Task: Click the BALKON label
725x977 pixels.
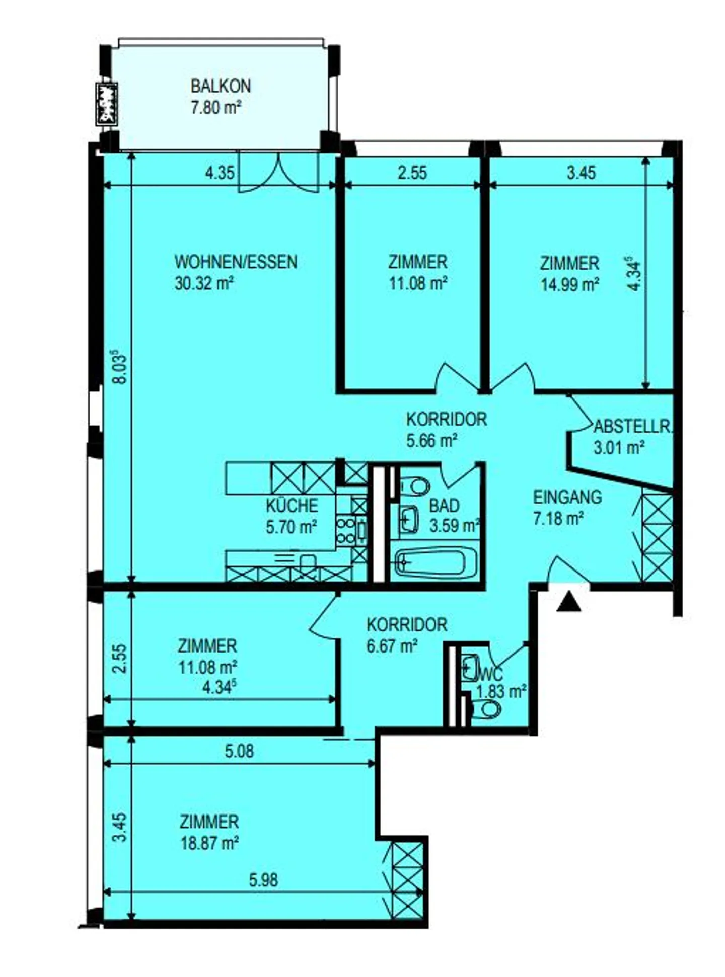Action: [x=220, y=86]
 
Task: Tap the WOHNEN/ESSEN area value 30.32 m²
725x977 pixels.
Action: [x=204, y=284]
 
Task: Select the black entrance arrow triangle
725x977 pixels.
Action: [x=568, y=602]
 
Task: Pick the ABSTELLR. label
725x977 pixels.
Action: [x=632, y=427]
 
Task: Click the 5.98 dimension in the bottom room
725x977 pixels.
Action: [x=263, y=880]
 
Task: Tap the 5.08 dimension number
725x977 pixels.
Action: [x=239, y=752]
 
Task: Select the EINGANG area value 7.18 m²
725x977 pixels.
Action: [x=558, y=518]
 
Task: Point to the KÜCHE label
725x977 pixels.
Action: [x=292, y=505]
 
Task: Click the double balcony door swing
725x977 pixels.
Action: [x=278, y=174]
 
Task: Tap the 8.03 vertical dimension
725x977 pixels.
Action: [x=120, y=367]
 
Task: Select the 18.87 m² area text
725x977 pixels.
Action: [x=209, y=843]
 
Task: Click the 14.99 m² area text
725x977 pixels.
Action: [x=569, y=285]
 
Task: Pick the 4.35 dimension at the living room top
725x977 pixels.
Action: [x=220, y=173]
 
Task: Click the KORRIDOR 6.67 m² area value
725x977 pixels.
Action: [x=392, y=645]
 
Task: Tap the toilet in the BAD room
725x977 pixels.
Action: [x=415, y=486]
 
